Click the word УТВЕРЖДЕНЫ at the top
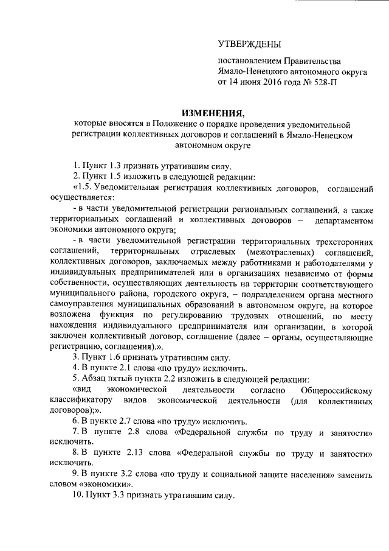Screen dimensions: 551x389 250,43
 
